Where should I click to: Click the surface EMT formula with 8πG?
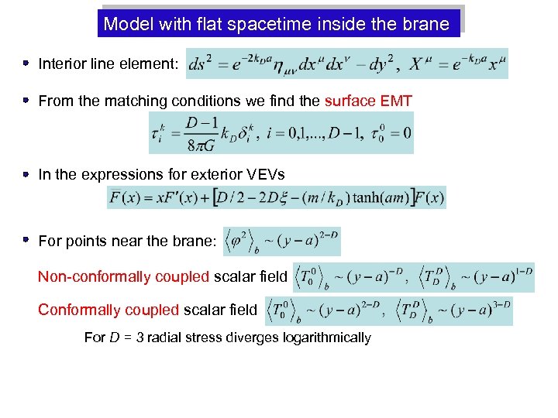[x=281, y=133]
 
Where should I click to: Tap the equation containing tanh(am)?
[x=277, y=197]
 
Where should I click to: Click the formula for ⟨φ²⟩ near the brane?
[x=281, y=242]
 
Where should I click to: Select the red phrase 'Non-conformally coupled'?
[x=123, y=276]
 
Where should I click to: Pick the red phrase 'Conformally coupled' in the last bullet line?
[x=108, y=310]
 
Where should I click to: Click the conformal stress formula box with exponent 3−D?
[x=388, y=310]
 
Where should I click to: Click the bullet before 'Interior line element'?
[x=26, y=63]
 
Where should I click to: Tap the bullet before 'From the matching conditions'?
[x=26, y=100]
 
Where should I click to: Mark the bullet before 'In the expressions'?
[x=26, y=175]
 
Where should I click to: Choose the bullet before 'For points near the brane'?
[x=26, y=241]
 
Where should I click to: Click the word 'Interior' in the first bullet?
[x=61, y=63]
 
